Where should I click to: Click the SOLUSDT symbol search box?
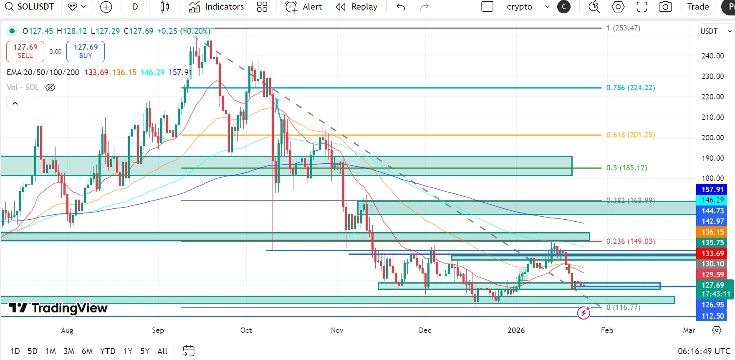(x=30, y=7)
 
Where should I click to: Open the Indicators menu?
(x=216, y=7)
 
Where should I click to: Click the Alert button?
(x=303, y=7)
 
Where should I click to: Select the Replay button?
(x=357, y=7)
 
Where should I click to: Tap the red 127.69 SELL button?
(x=25, y=51)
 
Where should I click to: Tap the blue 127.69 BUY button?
(x=86, y=51)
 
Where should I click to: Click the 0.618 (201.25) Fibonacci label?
(x=630, y=135)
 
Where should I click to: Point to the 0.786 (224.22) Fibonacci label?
(x=630, y=88)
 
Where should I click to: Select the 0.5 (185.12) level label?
(x=626, y=168)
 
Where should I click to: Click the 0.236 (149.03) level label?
(x=630, y=241)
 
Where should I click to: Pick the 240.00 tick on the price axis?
(x=712, y=56)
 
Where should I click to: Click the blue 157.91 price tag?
(x=712, y=190)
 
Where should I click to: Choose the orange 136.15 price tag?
(x=712, y=232)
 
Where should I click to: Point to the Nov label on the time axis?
(x=337, y=330)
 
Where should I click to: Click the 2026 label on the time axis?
(x=516, y=330)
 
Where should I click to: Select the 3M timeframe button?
(x=69, y=351)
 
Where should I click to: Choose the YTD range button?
(x=108, y=351)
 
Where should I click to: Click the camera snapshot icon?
(x=665, y=7)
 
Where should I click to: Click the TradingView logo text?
(x=58, y=308)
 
